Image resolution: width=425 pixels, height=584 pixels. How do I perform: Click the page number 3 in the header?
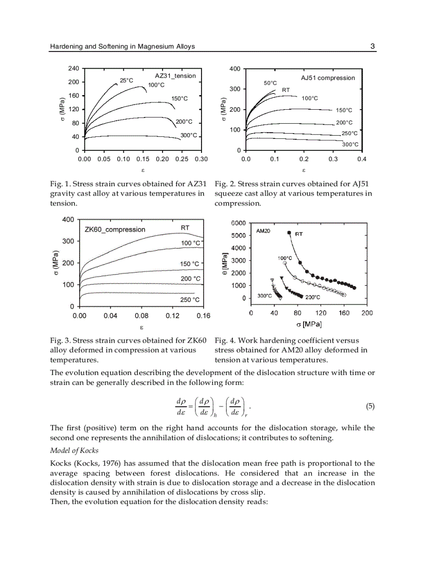point(372,46)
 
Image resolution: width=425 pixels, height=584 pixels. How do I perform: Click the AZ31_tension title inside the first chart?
point(175,76)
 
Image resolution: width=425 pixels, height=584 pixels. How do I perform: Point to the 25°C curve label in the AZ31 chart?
point(127,81)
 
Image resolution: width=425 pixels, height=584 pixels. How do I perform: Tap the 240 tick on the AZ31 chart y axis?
point(73,69)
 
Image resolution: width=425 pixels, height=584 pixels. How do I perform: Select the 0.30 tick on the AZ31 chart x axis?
point(201,159)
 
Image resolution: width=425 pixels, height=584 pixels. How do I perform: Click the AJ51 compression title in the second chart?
point(328,78)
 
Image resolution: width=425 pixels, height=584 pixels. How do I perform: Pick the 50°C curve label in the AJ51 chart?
point(270,83)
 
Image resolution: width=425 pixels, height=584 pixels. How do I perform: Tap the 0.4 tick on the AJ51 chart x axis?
point(361,159)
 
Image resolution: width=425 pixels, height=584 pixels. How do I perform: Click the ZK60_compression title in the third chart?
point(115,229)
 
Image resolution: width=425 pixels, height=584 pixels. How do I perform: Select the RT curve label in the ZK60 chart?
point(185,228)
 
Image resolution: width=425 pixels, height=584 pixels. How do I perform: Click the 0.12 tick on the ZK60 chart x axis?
point(172,316)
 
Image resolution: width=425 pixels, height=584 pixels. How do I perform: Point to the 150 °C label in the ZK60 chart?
point(190,264)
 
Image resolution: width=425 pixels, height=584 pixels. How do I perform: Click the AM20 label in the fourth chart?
point(264,230)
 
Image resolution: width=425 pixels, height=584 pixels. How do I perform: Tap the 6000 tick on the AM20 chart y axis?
point(238,223)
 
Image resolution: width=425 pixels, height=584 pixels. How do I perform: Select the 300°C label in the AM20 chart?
point(265,296)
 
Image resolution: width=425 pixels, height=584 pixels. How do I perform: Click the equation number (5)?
point(370,407)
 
